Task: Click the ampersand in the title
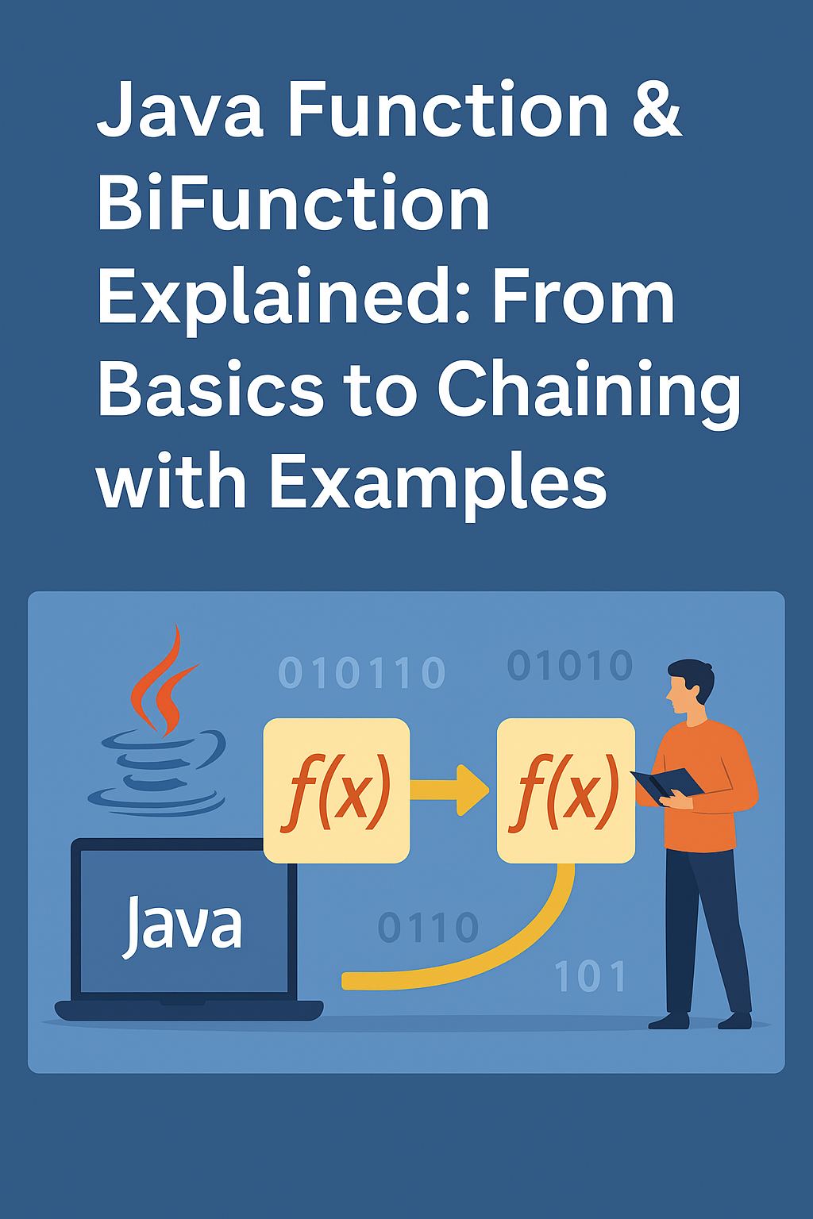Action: pyautogui.click(x=657, y=111)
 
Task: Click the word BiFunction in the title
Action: pyautogui.click(x=294, y=205)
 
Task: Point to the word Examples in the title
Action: pyautogui.click(x=437, y=484)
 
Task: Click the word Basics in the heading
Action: pyautogui.click(x=211, y=391)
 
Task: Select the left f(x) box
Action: pyautogui.click(x=337, y=790)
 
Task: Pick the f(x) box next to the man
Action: pyautogui.click(x=565, y=790)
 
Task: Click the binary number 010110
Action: pyautogui.click(x=361, y=674)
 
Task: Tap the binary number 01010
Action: pyautogui.click(x=570, y=666)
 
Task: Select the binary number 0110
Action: pyautogui.click(x=428, y=927)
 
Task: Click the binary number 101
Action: pyautogui.click(x=590, y=976)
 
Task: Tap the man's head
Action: pyautogui.click(x=689, y=684)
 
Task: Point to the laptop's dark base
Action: pyautogui.click(x=189, y=1010)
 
